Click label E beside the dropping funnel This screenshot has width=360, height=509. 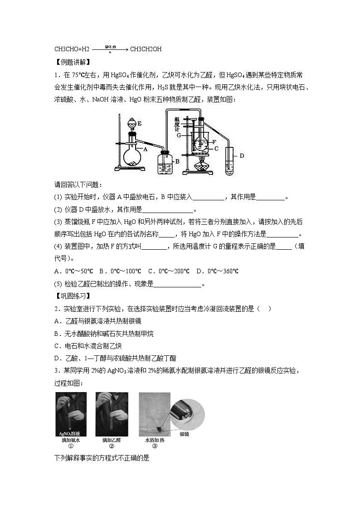click(x=140, y=123)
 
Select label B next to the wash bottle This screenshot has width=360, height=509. click(x=178, y=160)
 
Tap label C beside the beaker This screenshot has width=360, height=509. click(x=216, y=148)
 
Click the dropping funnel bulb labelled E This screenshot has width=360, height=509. click(x=132, y=123)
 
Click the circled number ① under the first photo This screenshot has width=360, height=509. click(x=70, y=446)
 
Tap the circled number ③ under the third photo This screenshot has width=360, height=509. click(x=154, y=446)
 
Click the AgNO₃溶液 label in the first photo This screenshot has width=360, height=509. click(x=70, y=433)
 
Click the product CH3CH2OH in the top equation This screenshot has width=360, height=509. click(x=146, y=49)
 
